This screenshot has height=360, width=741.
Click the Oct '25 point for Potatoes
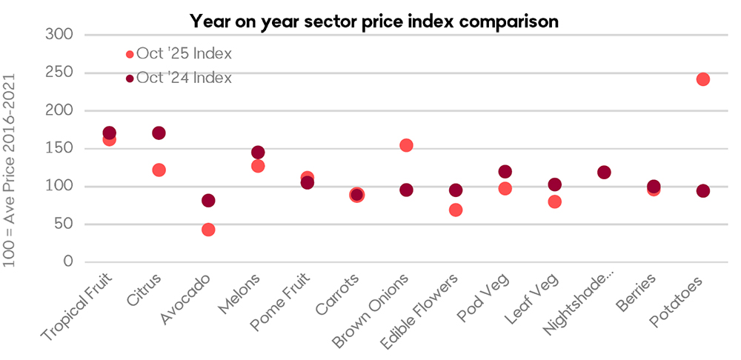(x=703, y=79)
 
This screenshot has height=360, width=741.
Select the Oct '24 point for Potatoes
(x=703, y=190)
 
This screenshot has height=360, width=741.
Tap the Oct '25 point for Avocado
(x=208, y=230)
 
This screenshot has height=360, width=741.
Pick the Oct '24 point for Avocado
(x=208, y=200)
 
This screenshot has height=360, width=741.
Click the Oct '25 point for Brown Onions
(x=406, y=145)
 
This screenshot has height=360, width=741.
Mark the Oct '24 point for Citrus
(x=159, y=133)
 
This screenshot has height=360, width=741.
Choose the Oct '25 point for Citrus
(x=159, y=170)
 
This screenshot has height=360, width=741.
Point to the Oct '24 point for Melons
(x=258, y=153)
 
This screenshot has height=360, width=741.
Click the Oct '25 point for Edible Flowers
(x=456, y=210)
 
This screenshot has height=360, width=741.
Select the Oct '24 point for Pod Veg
(x=505, y=172)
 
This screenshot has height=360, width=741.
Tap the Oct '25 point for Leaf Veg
(x=554, y=201)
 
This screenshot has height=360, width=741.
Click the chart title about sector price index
(x=373, y=20)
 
